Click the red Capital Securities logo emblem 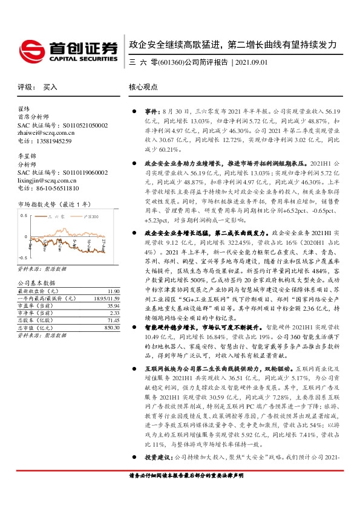(x=31, y=48)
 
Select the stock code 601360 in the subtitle (x=171, y=62)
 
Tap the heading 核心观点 (x=143, y=87)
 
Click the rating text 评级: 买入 (x=38, y=87)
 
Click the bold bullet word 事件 (x=149, y=112)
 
